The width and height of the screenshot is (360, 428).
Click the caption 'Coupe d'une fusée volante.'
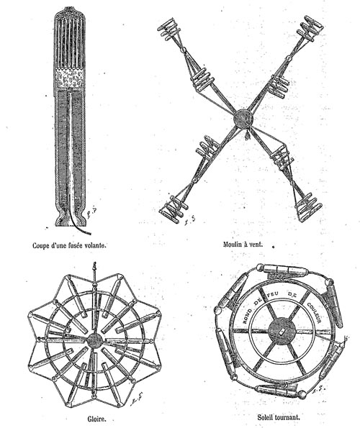(69, 245)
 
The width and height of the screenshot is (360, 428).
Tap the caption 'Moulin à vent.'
(243, 244)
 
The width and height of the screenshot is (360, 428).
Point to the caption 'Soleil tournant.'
(279, 417)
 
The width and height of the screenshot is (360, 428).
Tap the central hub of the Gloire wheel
(94, 340)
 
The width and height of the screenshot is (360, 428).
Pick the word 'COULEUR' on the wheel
(314, 312)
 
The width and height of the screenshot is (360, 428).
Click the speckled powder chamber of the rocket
(69, 78)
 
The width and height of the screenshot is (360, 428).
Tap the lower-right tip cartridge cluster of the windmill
(309, 207)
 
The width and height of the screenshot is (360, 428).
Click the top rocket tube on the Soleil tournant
(284, 270)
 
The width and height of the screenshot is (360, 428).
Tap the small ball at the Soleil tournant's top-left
(261, 267)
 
